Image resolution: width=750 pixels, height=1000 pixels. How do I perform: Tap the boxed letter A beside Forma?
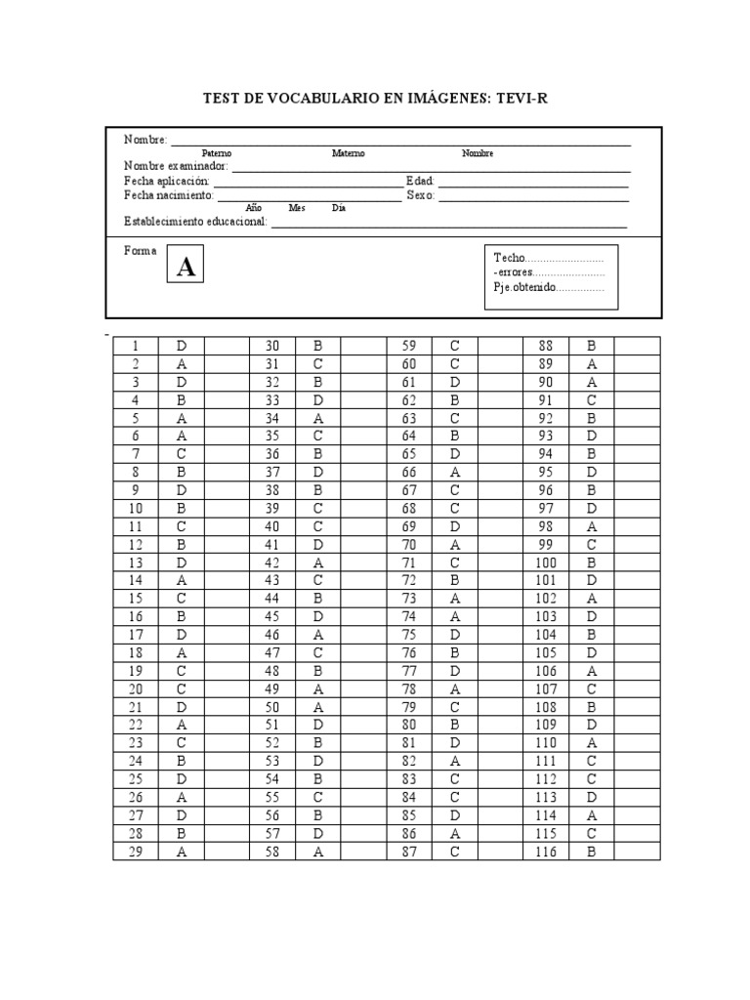click(186, 267)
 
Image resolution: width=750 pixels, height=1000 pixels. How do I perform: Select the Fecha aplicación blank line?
click(306, 183)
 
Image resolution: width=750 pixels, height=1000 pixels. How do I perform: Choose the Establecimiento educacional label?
click(195, 223)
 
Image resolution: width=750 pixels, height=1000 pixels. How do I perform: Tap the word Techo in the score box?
click(509, 257)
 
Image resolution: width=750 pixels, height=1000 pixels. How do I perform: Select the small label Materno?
click(348, 153)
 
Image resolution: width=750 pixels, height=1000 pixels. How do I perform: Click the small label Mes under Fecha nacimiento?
click(297, 208)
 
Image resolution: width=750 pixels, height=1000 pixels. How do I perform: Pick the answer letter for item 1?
click(181, 346)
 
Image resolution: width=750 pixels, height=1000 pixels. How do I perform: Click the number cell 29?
click(137, 852)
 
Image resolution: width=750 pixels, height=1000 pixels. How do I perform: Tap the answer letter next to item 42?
click(317, 562)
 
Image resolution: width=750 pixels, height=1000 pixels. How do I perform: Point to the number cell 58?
click(272, 852)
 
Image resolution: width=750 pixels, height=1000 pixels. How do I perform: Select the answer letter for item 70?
click(454, 544)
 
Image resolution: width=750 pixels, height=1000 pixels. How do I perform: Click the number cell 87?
click(409, 852)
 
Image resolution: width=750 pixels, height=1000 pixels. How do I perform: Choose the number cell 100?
click(546, 562)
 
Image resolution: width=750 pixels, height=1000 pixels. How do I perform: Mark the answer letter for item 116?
click(591, 852)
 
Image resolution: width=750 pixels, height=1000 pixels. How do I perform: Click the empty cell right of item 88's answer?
click(637, 346)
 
